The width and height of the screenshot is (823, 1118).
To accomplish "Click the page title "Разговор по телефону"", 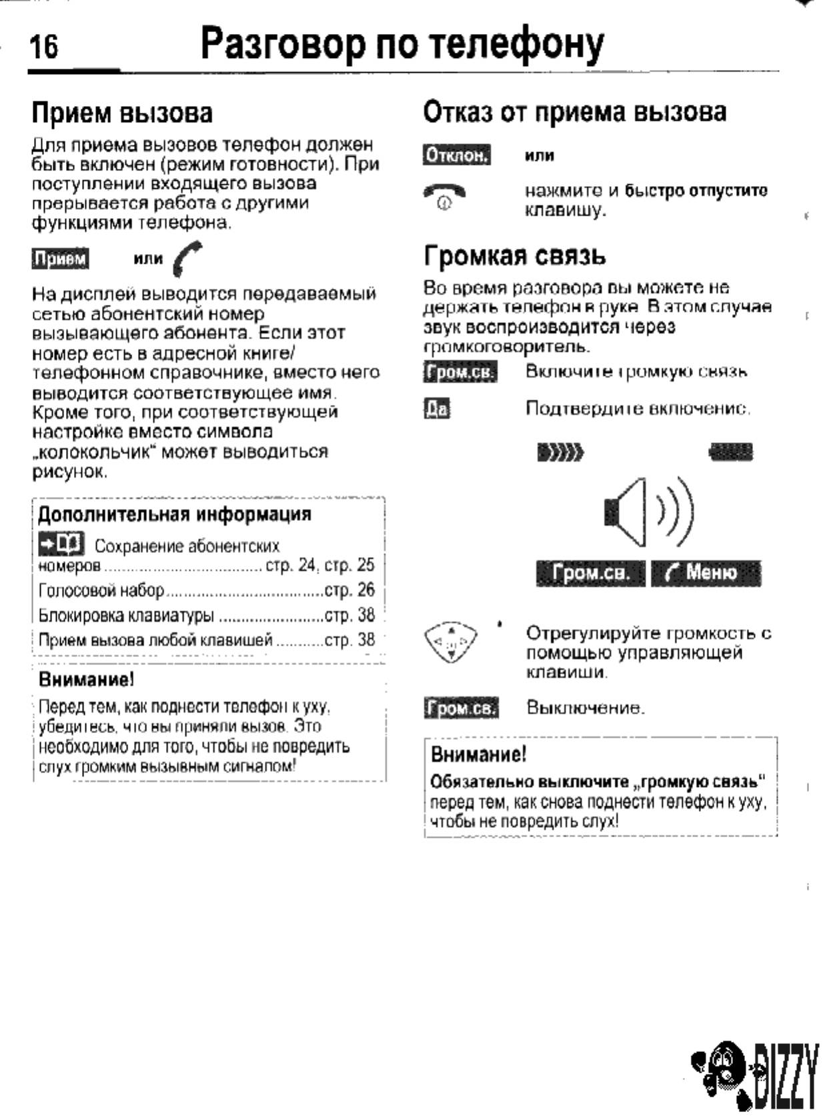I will pyautogui.click(x=402, y=44).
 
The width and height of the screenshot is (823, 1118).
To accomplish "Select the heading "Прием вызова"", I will pyautogui.click(x=122, y=113).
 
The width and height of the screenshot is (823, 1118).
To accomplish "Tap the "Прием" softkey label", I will pyautogui.click(x=61, y=259).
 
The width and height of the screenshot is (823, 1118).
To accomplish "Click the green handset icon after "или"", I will pyautogui.click(x=186, y=259).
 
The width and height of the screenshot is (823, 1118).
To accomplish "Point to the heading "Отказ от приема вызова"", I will pyautogui.click(x=574, y=111).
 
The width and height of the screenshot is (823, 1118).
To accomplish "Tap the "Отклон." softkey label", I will pyautogui.click(x=457, y=155).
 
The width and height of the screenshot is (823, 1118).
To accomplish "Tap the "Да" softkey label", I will pyautogui.click(x=437, y=408).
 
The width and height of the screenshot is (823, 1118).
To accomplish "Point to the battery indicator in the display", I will pyautogui.click(x=731, y=454).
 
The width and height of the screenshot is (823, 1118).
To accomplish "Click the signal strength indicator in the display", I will pyautogui.click(x=560, y=454).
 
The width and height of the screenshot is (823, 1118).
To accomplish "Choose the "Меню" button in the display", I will pyautogui.click(x=706, y=573).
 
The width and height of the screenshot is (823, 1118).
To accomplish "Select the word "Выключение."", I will pyautogui.click(x=585, y=707).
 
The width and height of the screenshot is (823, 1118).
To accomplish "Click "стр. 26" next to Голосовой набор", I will pyautogui.click(x=349, y=590).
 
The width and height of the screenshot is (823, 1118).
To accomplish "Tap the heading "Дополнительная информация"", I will pyautogui.click(x=174, y=514).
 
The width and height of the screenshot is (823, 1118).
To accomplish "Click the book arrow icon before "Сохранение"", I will pyautogui.click(x=61, y=544).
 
